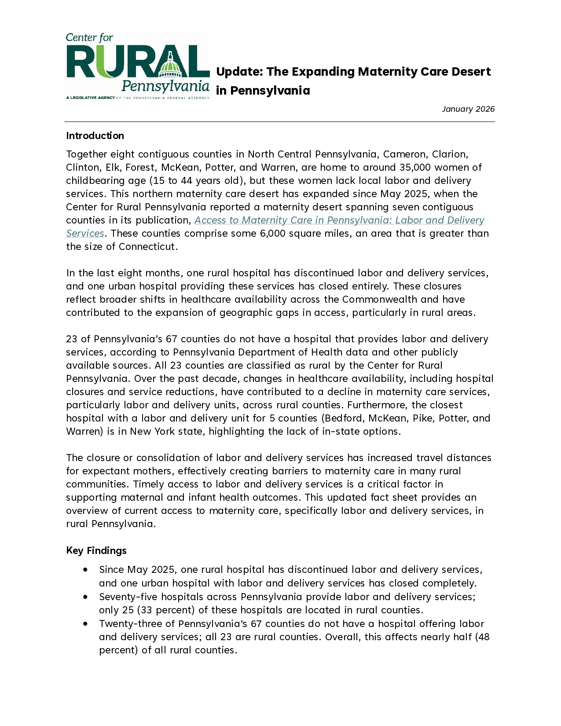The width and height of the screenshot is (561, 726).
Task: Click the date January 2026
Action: click(x=468, y=109)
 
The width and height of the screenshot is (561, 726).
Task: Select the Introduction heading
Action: click(x=95, y=136)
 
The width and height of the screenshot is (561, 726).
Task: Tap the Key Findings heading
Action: click(x=96, y=550)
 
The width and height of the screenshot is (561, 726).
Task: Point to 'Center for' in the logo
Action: click(x=89, y=38)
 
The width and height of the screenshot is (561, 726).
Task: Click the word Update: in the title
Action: click(x=239, y=72)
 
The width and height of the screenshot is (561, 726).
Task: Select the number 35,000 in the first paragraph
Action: click(x=415, y=167)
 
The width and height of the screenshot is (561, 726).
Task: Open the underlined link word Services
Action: click(x=85, y=233)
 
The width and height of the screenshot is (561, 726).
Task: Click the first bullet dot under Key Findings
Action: click(x=85, y=569)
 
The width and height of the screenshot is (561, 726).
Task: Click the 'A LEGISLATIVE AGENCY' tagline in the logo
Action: click(x=91, y=98)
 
